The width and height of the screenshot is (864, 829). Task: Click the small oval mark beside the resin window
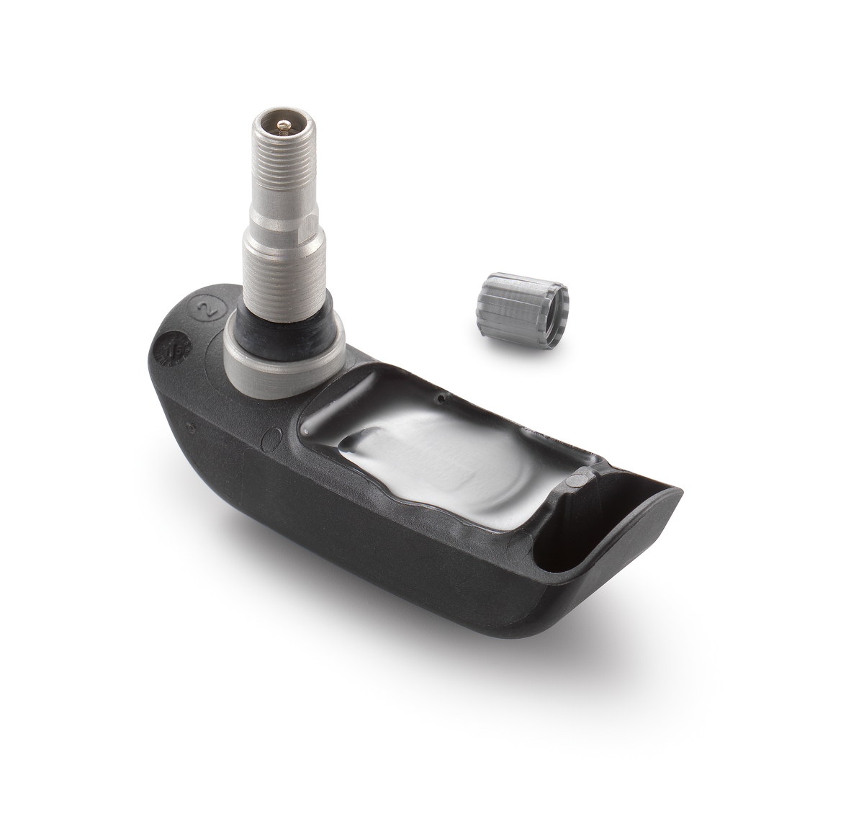point(273,439)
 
